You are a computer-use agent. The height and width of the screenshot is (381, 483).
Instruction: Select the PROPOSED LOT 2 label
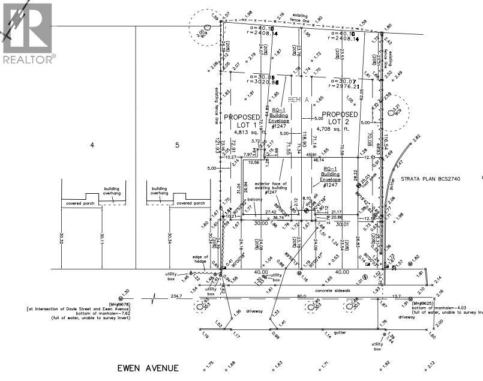tap(340, 118)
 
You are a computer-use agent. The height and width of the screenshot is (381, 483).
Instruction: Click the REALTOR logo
tap(28, 32)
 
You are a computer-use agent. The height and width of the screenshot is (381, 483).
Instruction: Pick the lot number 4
tap(92, 145)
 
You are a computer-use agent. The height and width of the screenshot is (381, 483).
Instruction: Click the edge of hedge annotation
tap(200, 259)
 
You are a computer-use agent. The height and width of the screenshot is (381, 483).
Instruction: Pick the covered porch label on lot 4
tap(80, 203)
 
